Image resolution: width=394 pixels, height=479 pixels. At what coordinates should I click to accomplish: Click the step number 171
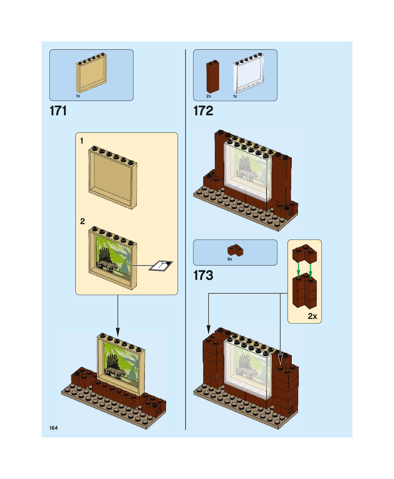tap(58, 111)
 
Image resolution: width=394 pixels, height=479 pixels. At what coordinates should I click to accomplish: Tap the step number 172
tap(203, 111)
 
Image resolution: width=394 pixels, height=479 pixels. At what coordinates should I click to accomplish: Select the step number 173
tap(203, 275)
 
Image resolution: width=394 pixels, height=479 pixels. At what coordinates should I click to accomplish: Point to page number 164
tap(53, 428)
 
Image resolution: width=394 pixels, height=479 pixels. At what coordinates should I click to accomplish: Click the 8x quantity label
tap(230, 259)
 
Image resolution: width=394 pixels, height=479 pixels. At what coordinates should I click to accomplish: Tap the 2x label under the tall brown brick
tap(209, 96)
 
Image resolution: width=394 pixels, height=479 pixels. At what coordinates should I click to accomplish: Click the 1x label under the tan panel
tap(78, 96)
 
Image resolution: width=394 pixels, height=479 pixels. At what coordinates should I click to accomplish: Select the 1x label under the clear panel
tap(235, 96)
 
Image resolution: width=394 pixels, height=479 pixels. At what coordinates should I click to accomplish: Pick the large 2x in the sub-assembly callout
tap(312, 316)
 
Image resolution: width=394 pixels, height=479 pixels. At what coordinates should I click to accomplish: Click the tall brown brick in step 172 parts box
tap(212, 77)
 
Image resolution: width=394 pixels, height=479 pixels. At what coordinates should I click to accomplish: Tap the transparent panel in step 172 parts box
tap(249, 73)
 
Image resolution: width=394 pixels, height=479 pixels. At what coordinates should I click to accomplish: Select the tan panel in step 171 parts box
tap(91, 73)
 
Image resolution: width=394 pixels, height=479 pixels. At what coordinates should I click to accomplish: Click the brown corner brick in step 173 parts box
tap(235, 250)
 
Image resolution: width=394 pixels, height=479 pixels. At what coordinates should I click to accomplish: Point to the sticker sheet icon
tap(161, 266)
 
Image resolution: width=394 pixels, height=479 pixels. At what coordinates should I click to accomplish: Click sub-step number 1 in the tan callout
tap(82, 141)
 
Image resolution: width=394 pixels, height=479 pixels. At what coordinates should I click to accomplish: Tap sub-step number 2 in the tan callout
tap(83, 221)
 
